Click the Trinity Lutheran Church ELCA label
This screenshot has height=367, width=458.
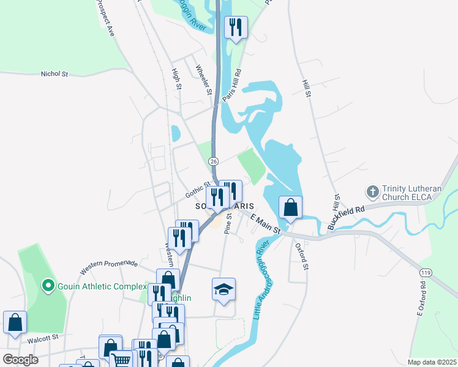(x=412, y=193)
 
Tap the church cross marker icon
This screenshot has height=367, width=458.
(x=372, y=192)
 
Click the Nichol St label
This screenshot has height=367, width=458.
(x=54, y=73)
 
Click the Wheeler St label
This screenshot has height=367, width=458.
(x=203, y=80)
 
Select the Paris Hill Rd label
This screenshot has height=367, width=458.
(x=232, y=85)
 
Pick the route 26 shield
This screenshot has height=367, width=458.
(x=212, y=161)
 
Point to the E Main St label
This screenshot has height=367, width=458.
(x=265, y=223)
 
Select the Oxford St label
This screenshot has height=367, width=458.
(x=301, y=256)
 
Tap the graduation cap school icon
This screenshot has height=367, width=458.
(x=223, y=289)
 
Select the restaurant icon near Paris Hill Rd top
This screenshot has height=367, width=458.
(x=235, y=27)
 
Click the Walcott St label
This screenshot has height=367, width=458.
(x=42, y=336)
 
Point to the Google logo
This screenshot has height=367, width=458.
(x=21, y=360)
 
